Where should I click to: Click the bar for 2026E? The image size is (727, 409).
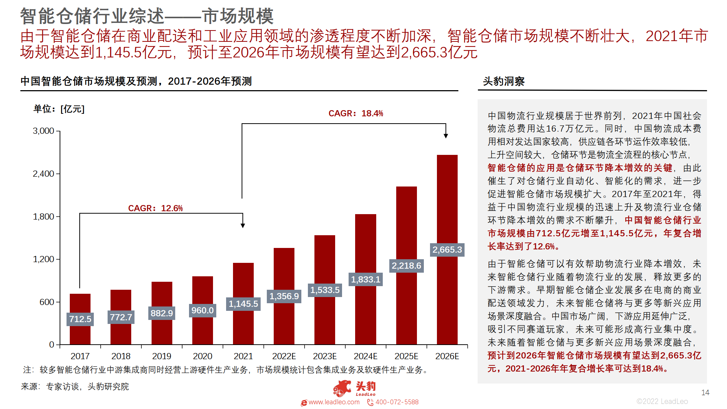[447, 204]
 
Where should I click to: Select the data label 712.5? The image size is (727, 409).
[80, 319]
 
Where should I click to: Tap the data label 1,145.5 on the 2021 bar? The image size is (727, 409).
[243, 304]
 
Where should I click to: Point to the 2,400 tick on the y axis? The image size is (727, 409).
[44, 174]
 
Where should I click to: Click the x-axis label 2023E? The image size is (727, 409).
[325, 356]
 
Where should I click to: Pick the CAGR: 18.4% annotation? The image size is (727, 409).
[356, 113]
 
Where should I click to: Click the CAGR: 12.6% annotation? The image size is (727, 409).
[155, 208]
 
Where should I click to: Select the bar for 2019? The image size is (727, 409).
[162, 331]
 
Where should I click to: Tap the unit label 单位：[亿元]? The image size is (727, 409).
[59, 109]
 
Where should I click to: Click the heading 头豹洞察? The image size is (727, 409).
[503, 81]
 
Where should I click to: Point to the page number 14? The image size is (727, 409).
[705, 393]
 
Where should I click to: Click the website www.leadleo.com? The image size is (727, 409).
[334, 402]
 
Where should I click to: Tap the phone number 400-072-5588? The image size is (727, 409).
[397, 402]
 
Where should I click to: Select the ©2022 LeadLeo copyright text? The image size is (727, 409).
[662, 401]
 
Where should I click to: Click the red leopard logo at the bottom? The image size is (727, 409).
[342, 388]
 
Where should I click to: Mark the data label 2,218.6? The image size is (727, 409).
[406, 266]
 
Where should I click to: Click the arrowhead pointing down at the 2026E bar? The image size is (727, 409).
[446, 136]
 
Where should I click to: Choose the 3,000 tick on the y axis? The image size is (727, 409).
[44, 131]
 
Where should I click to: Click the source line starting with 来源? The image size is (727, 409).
[75, 386]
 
